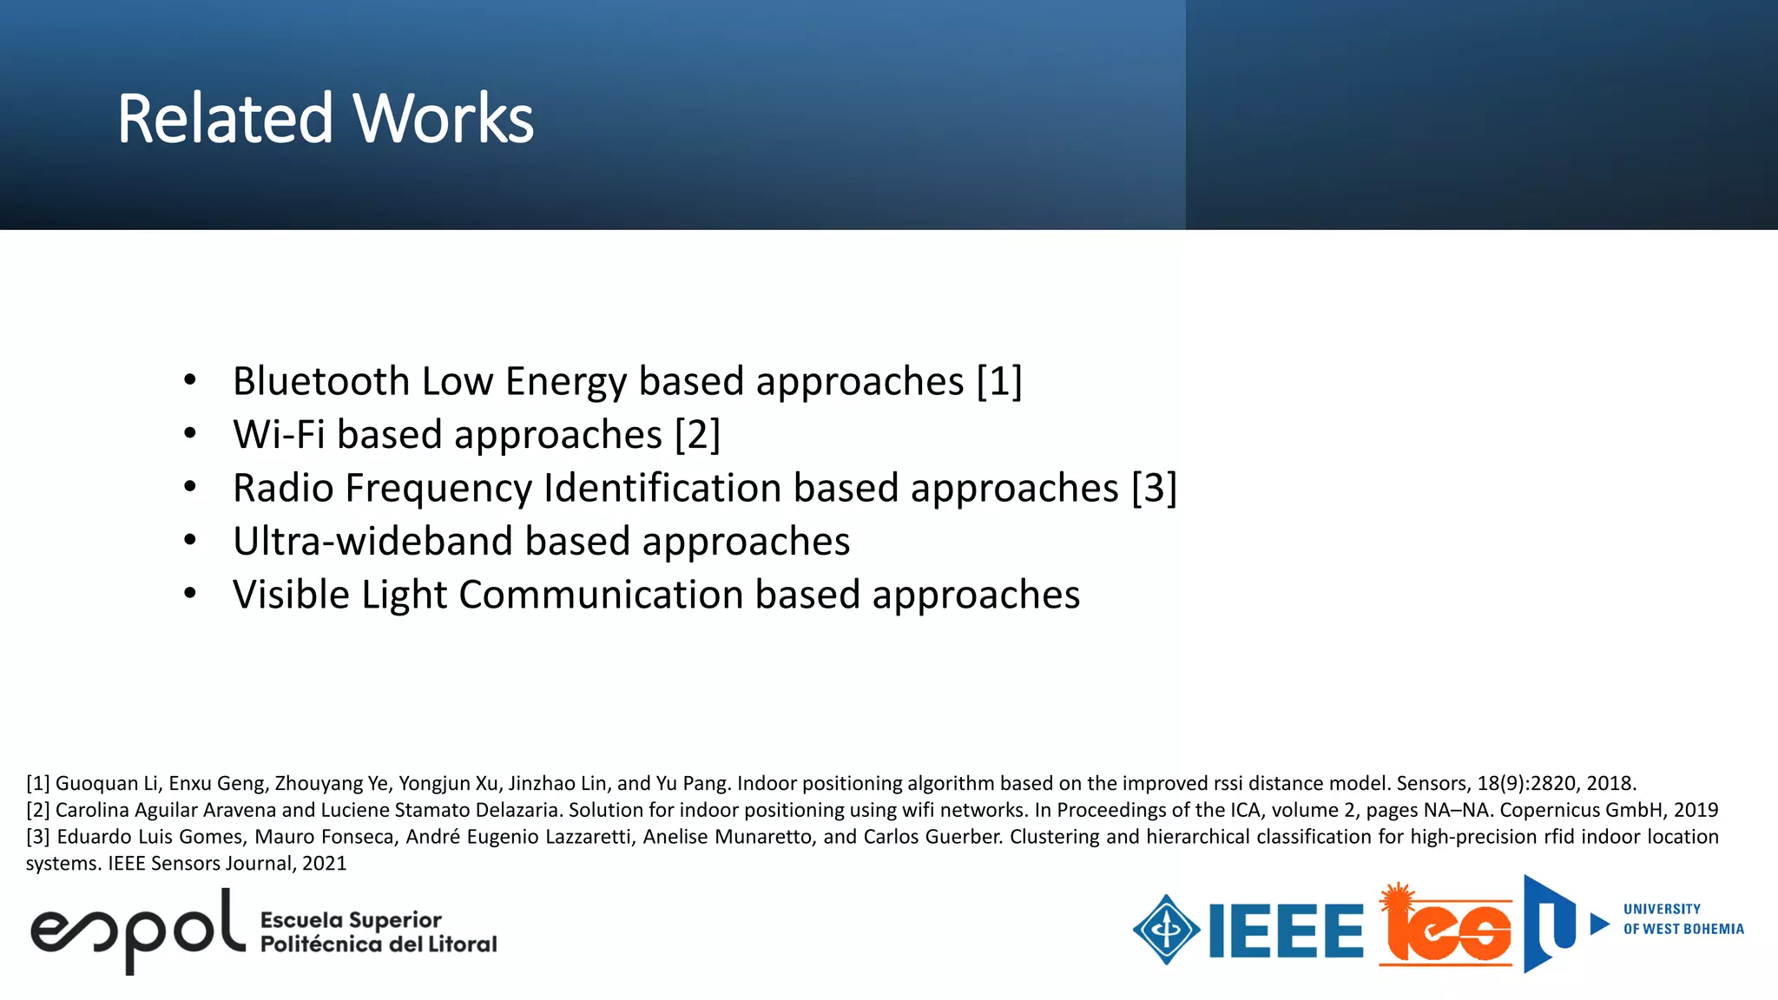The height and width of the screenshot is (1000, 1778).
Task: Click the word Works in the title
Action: coord(444,119)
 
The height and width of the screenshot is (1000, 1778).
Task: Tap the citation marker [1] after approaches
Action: coord(999,381)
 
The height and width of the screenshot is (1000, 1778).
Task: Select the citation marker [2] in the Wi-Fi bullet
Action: coord(697,434)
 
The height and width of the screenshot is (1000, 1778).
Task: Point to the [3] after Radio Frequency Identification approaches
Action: coord(1154,488)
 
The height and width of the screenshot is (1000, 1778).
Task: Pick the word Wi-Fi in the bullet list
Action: coord(279,434)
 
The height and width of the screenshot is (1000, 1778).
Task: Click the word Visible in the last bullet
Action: coord(291,595)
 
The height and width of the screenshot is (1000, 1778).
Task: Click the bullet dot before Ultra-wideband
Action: coord(190,541)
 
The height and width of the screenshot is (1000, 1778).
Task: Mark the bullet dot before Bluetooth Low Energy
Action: coord(190,380)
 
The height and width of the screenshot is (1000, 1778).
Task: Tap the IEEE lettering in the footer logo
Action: coord(1286,931)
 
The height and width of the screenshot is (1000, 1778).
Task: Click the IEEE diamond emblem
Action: coord(1166,930)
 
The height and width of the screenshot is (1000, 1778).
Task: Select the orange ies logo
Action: coord(1445,929)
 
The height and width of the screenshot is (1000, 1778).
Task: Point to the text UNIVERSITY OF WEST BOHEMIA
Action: coord(1683,919)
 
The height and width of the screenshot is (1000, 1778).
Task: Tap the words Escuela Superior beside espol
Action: coord(351,919)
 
